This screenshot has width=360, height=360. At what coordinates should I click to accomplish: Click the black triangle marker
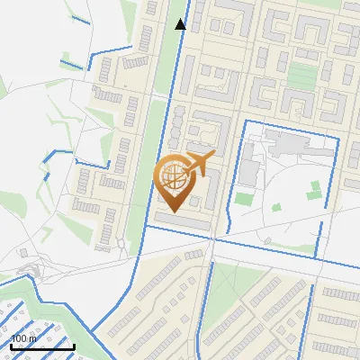[x=181, y=24]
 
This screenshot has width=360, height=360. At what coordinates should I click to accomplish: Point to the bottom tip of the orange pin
[x=172, y=211]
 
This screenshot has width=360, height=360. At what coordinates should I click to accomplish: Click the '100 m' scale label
[x=23, y=338]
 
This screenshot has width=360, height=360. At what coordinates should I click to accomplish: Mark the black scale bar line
[x=42, y=346]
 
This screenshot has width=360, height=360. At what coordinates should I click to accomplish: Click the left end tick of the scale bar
[x=12, y=344]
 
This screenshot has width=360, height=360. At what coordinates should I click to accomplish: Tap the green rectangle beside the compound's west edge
[x=244, y=199]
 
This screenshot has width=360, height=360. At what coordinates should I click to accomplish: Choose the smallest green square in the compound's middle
[x=276, y=208]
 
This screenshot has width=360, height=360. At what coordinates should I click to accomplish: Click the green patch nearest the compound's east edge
[x=314, y=190]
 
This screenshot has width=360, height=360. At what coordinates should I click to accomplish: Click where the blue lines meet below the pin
[x=212, y=237]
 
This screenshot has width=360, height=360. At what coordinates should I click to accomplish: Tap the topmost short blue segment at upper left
[x=80, y=18]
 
